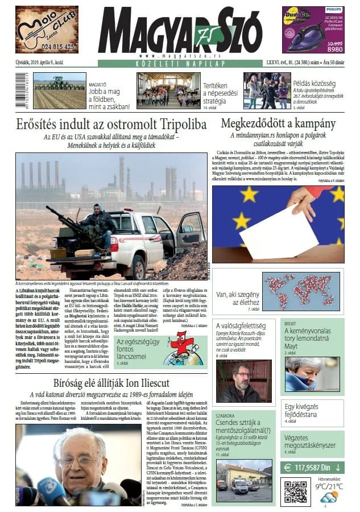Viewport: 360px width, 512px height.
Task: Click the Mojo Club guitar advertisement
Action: click(47, 29)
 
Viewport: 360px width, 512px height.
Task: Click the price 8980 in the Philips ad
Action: click(334, 49)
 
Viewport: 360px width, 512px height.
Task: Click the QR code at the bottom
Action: click(295, 492)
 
